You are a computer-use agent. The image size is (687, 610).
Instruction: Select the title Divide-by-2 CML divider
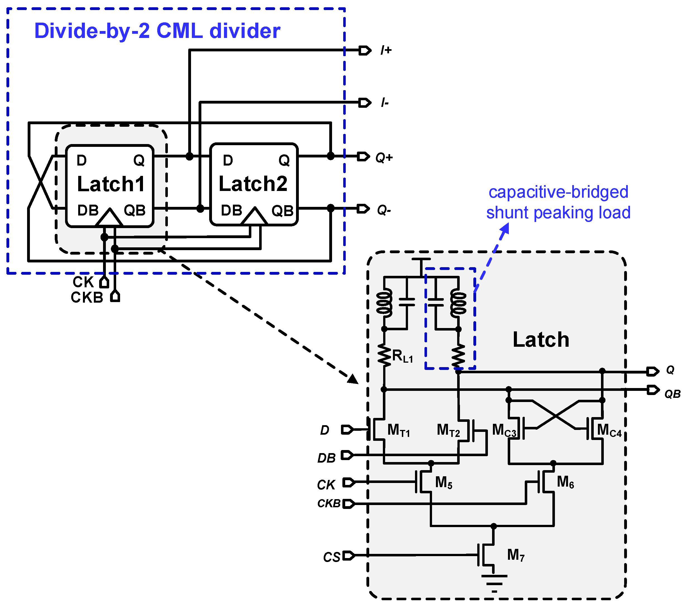pos(157,31)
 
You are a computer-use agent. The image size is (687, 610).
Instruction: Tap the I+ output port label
pos(386,50)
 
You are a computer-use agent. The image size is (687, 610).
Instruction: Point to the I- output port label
pos(385,102)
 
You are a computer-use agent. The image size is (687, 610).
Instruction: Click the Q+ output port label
pos(384,157)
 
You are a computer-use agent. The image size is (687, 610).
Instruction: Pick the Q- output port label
pos(384,210)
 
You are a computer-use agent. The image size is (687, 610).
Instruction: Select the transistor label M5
pos(443,482)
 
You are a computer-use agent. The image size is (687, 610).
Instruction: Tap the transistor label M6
pos(565,482)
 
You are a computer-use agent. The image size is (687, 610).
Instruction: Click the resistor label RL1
pos(402,356)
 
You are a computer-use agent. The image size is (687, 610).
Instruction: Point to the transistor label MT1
pos(399,430)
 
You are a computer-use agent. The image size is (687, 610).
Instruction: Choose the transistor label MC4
pos(609,430)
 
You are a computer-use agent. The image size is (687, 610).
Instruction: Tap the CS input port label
pos(332,557)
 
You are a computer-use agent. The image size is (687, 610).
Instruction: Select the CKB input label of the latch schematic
pos(329,503)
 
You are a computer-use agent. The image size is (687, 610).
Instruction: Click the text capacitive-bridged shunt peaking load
pos(558,202)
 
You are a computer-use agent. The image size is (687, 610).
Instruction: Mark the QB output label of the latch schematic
pos(672,394)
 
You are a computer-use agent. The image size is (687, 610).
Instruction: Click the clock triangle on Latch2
pos(254,217)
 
